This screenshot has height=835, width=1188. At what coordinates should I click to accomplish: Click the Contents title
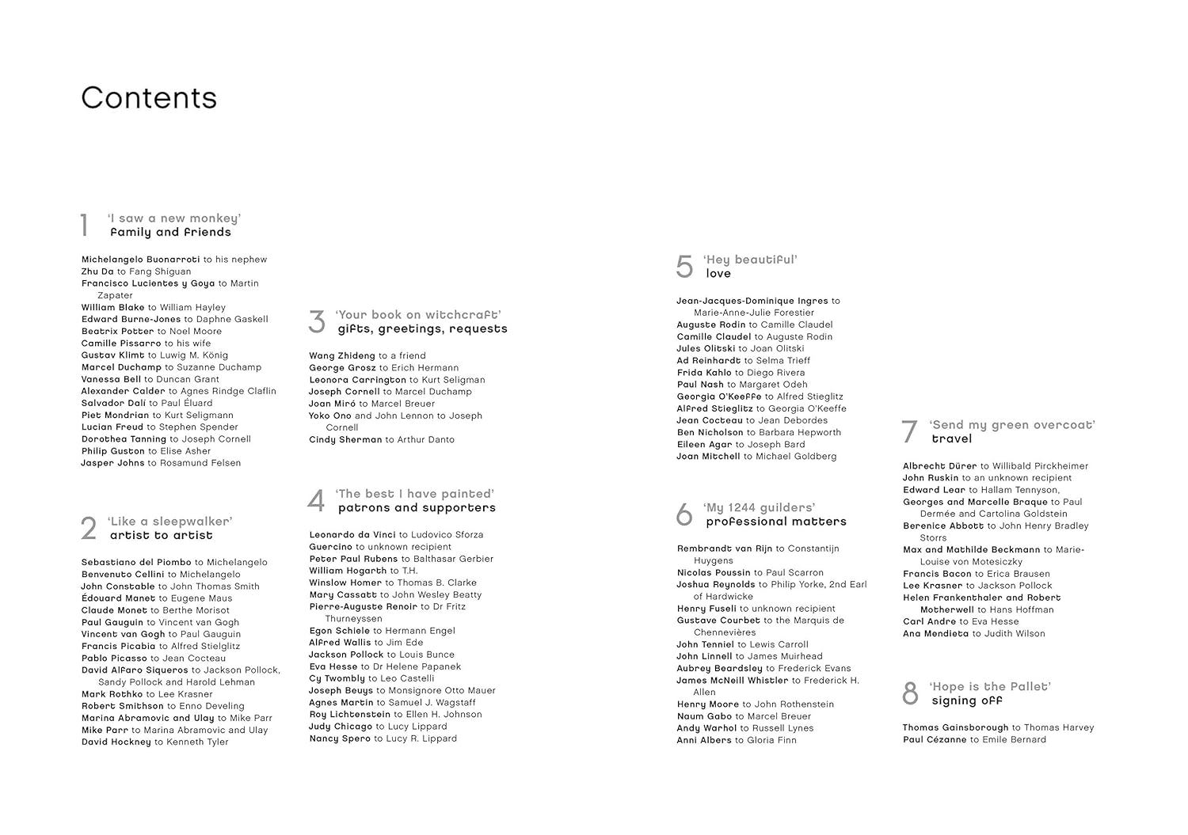pos(149,98)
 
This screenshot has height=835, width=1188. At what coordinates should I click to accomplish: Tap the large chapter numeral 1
pos(84,226)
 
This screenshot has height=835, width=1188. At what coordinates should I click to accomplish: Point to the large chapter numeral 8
pos(910,694)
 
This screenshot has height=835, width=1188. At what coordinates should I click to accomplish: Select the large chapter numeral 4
pos(316,501)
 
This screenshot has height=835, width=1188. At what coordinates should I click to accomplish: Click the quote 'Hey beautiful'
pos(750,260)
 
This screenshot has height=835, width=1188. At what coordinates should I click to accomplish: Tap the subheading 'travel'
pos(951,438)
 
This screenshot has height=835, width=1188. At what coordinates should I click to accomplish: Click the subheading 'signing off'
pos(967,700)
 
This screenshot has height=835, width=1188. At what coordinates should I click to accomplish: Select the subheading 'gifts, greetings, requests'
pos(422,328)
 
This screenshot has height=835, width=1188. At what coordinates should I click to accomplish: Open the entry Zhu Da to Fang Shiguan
pos(136,271)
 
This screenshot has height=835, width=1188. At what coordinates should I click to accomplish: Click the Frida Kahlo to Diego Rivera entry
pos(741,373)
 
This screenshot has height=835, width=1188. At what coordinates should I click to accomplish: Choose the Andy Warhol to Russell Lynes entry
pos(744,728)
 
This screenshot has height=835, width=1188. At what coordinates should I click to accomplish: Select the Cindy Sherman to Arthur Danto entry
pos(382,440)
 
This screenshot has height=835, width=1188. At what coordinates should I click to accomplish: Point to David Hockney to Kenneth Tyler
pos(154,742)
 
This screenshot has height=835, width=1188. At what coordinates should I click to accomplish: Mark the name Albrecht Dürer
pos(940,466)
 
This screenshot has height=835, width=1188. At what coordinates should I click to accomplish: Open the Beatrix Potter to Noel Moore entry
pos(151,332)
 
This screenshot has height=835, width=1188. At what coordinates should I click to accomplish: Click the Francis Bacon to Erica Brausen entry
pos(976,574)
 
